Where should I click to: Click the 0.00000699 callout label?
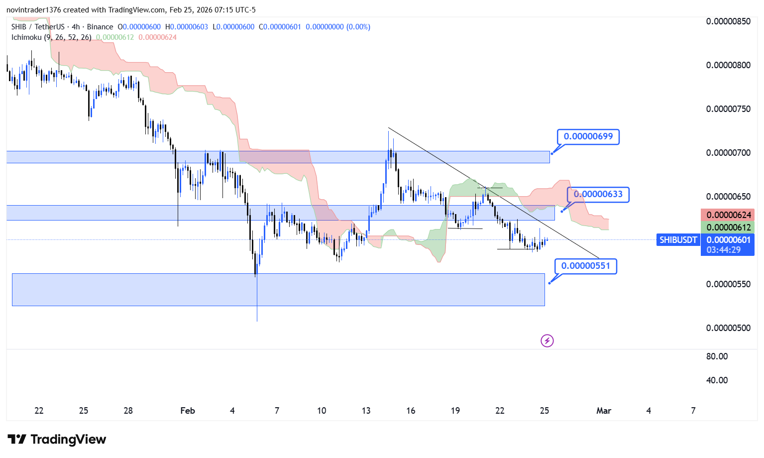tap(588, 136)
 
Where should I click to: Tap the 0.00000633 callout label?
tap(598, 194)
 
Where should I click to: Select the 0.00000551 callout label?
tap(585, 266)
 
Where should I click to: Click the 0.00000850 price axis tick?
tap(728, 21)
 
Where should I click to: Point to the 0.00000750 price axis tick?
tap(728, 109)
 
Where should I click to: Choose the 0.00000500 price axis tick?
tap(728, 328)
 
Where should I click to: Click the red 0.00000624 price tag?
tap(728, 215)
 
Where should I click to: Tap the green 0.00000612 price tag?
tap(728, 228)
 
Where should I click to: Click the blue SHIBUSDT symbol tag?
tap(678, 240)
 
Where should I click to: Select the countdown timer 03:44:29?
tap(723, 250)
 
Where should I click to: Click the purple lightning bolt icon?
tap(547, 341)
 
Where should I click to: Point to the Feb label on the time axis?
tap(188, 411)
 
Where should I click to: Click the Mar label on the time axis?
tap(604, 411)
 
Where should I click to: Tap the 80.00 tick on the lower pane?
tap(717, 356)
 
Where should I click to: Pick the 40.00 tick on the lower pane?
tap(717, 380)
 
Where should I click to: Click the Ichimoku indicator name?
tap(26, 37)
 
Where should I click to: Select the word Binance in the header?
tap(100, 27)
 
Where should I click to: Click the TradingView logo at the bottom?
tap(57, 440)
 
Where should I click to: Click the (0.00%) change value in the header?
tap(358, 27)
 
